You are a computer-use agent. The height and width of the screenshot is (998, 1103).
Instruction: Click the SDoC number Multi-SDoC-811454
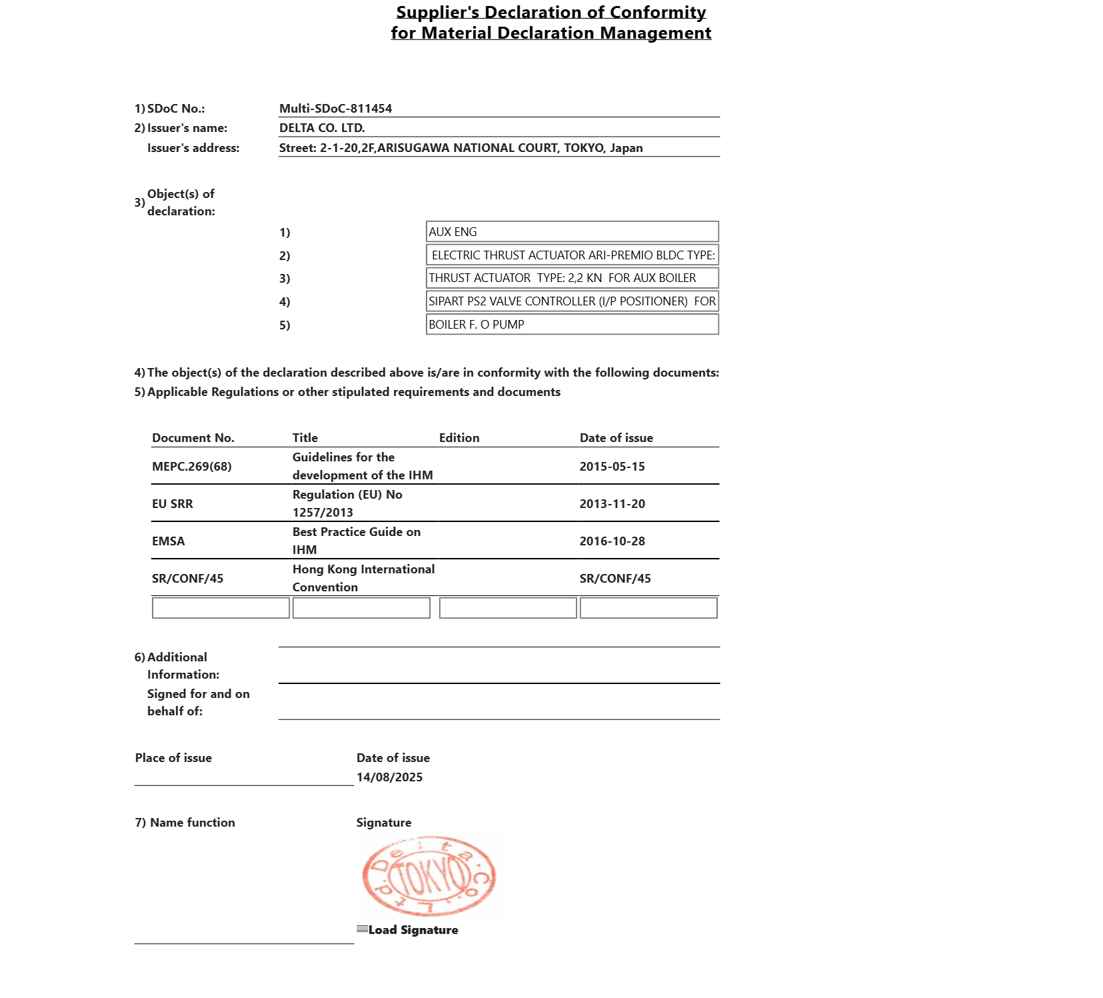[x=335, y=109]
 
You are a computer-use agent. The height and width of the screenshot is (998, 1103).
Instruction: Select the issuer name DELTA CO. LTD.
[x=322, y=128]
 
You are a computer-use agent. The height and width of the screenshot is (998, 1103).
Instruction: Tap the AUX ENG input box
[x=572, y=232]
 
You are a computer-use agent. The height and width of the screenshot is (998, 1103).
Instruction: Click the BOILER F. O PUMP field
[x=572, y=325]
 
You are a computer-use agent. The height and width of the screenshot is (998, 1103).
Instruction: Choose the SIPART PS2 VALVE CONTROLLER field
[x=572, y=301]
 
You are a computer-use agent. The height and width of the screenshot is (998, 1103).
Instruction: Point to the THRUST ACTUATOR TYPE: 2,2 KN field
[x=572, y=278]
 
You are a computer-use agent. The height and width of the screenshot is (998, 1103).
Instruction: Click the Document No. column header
[x=193, y=438]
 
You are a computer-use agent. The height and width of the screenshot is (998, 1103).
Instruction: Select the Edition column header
[x=459, y=438]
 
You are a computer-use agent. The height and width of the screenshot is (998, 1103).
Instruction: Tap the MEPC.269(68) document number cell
[x=192, y=467]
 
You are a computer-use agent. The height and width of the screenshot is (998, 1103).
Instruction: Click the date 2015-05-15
[x=612, y=467]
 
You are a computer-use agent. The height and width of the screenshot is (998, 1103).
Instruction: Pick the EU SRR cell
[x=173, y=504]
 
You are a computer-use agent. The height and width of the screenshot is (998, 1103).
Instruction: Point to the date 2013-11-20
[x=612, y=504]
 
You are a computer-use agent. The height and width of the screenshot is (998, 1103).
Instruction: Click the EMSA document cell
[x=169, y=541]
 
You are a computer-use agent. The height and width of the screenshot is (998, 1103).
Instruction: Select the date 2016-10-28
[x=612, y=541]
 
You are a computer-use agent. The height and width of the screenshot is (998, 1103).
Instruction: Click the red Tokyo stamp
[x=429, y=876]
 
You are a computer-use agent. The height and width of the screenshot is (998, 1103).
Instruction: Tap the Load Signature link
[x=413, y=930]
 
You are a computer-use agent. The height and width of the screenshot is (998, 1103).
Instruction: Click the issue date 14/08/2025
[x=389, y=777]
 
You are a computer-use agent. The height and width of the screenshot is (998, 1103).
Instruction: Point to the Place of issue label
[x=173, y=758]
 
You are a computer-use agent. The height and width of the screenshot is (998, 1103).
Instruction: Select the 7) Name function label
[x=185, y=823]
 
